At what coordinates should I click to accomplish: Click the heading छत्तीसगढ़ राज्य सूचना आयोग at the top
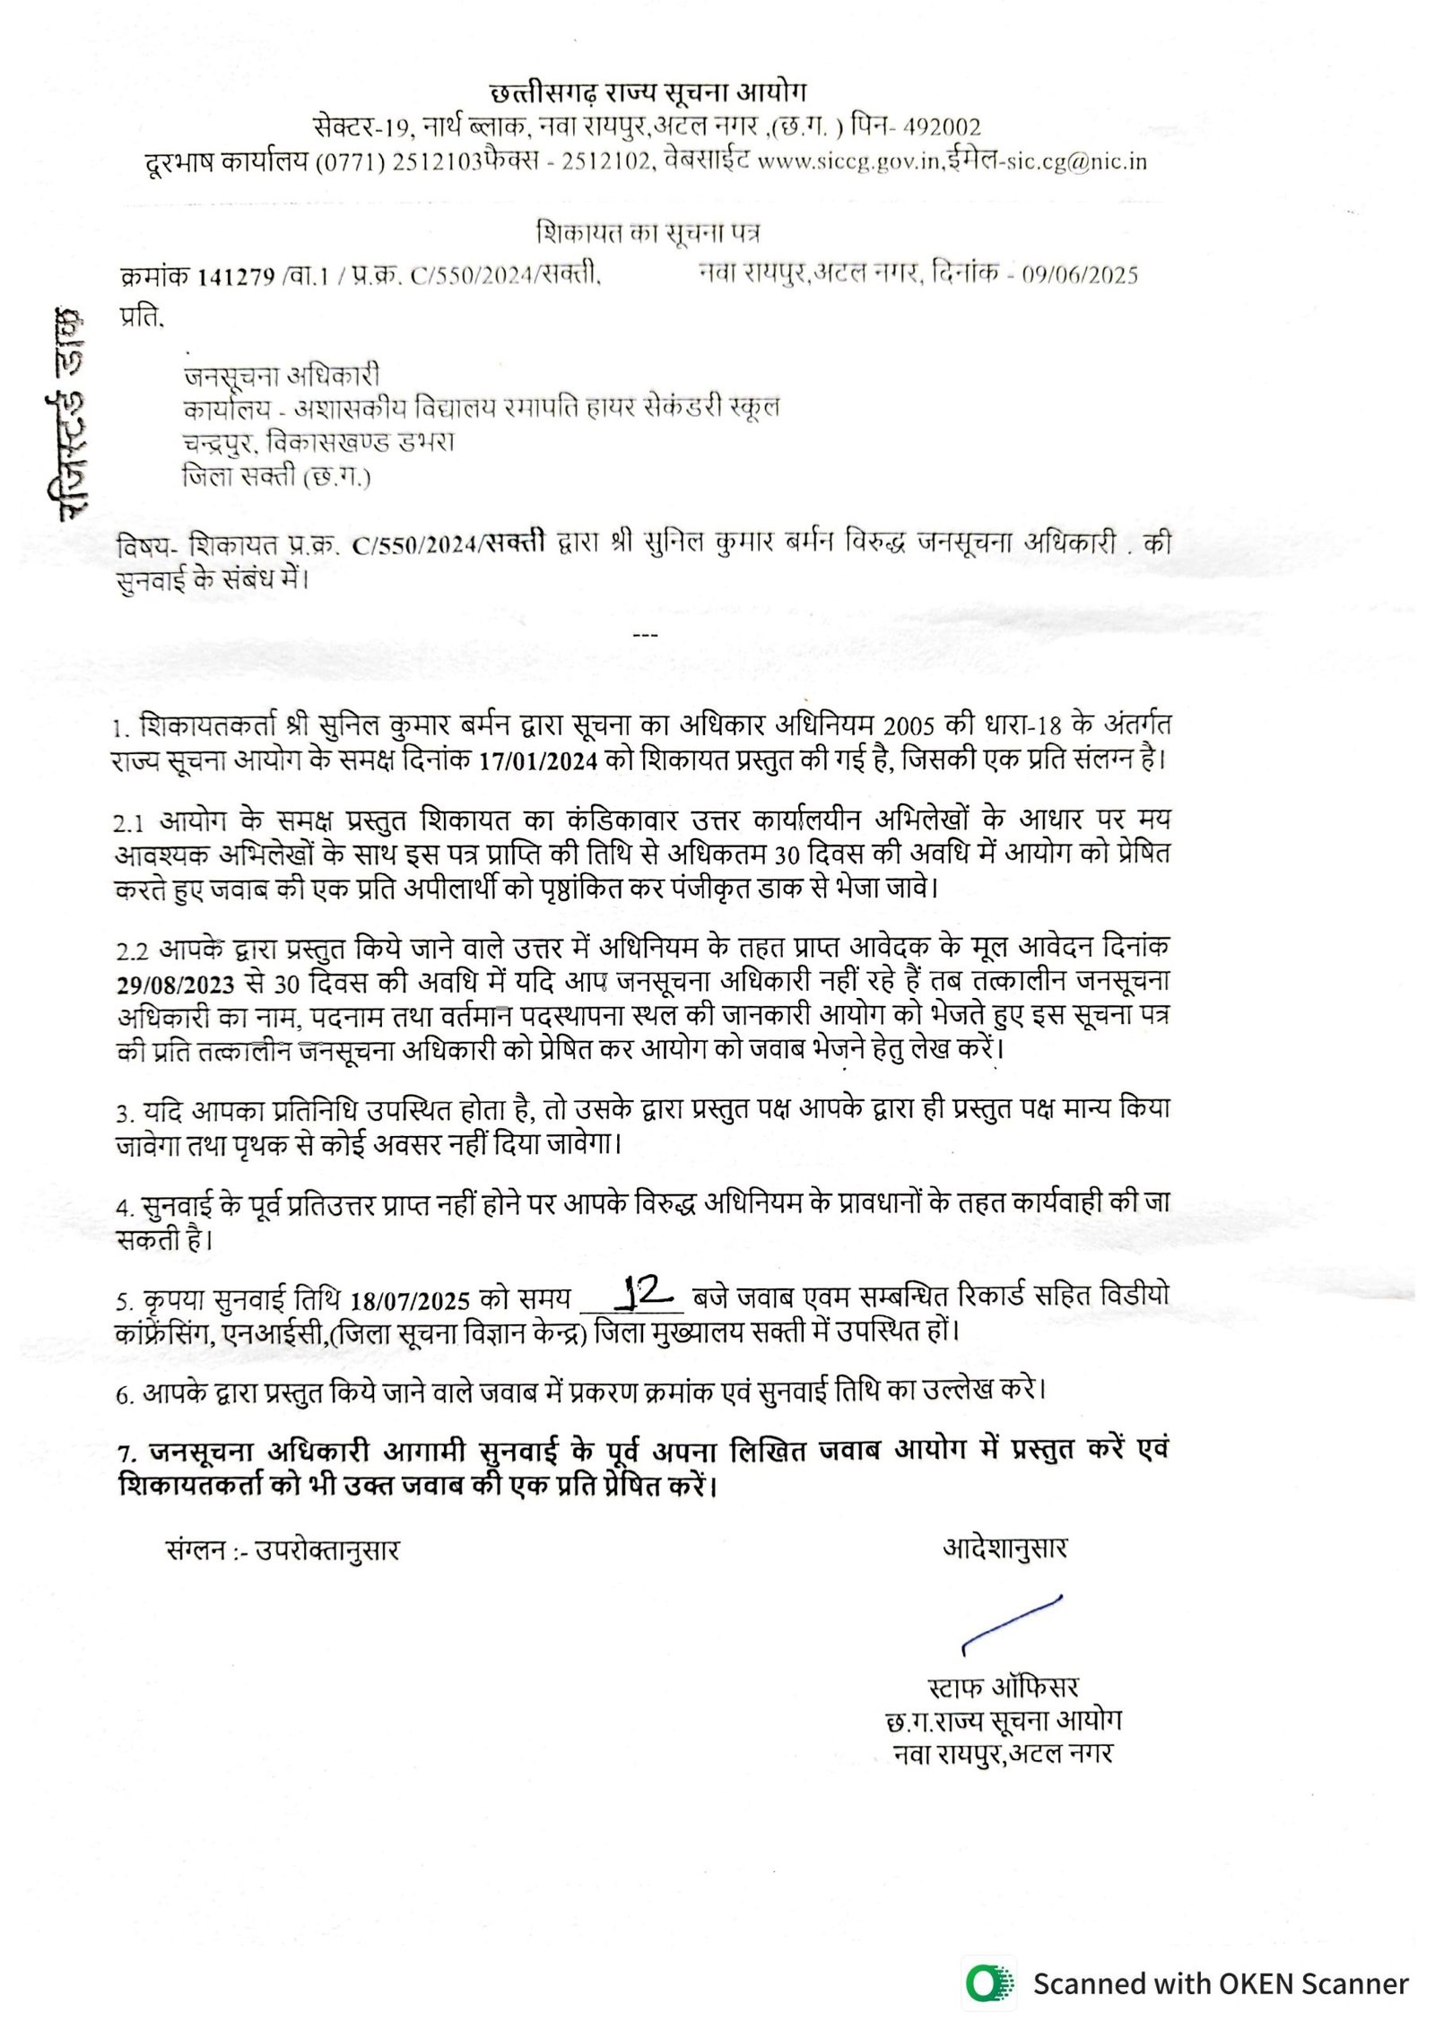point(648,92)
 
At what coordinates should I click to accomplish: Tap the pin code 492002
point(941,127)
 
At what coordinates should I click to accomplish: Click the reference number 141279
point(236,276)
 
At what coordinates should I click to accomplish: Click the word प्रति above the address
point(141,317)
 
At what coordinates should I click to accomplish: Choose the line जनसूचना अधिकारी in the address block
point(281,375)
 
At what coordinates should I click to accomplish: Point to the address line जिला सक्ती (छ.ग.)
point(276,477)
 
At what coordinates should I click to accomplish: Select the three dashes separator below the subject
point(646,635)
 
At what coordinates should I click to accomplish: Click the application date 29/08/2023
point(176,984)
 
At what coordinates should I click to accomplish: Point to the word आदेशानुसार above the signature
point(1004,1549)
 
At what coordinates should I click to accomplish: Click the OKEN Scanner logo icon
point(989,1982)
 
